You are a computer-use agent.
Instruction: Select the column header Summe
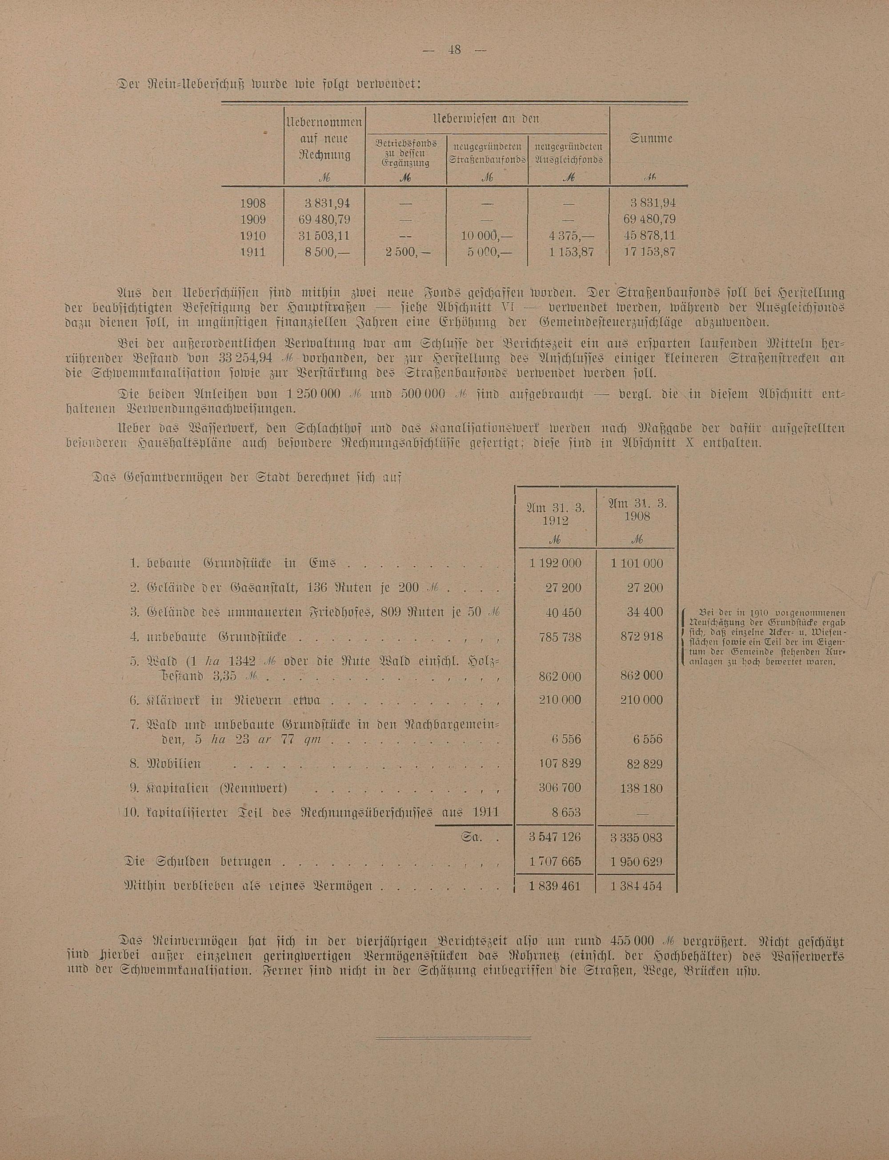pyautogui.click(x=651, y=139)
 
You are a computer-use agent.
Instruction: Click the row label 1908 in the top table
pyautogui.click(x=253, y=203)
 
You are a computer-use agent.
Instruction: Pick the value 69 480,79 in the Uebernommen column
pyautogui.click(x=324, y=219)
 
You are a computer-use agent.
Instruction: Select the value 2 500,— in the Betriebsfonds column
pyautogui.click(x=405, y=252)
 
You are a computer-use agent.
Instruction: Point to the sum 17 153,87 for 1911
pyautogui.click(x=649, y=252)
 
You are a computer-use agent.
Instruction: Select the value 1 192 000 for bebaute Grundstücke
pyautogui.click(x=555, y=564)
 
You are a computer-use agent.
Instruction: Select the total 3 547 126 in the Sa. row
pyautogui.click(x=555, y=838)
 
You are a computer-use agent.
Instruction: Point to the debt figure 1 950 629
pyautogui.click(x=637, y=862)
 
